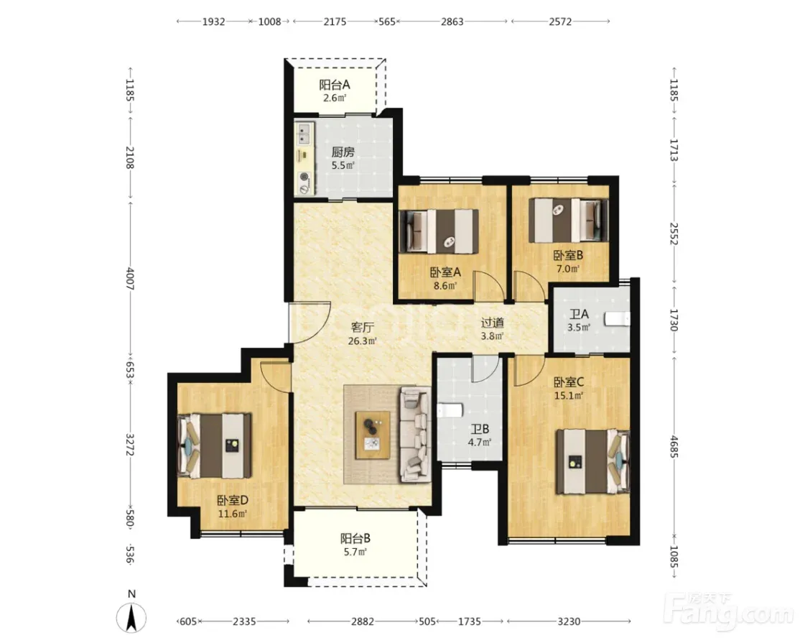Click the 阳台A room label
[335, 85]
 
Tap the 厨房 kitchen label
[343, 152]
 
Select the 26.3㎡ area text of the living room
[362, 341]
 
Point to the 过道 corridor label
[493, 323]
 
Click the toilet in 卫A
[618, 319]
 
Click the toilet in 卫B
[450, 410]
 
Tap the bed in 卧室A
[439, 231]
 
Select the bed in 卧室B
[568, 220]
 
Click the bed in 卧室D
[214, 445]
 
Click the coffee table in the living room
[373, 435]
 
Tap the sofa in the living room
[415, 435]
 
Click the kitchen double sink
[304, 133]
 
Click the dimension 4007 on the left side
[129, 279]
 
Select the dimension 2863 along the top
[452, 22]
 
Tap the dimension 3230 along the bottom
[569, 621]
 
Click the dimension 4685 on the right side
[674, 446]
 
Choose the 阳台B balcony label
[355, 538]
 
